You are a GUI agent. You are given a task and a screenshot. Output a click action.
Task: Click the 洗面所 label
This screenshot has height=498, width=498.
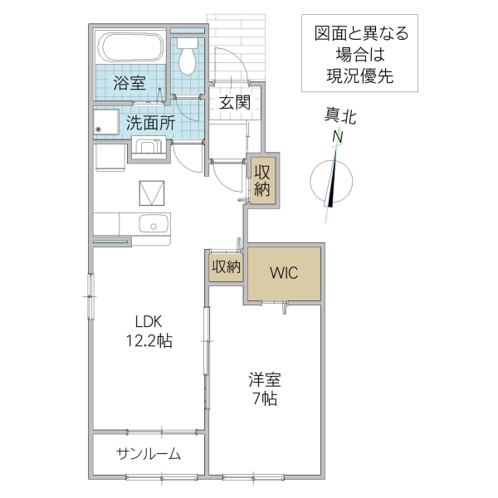pos(149,122)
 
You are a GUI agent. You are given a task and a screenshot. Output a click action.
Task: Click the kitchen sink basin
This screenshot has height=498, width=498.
pos(153,223)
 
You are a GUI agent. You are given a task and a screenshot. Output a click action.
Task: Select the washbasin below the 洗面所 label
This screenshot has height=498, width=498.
pos(149,150)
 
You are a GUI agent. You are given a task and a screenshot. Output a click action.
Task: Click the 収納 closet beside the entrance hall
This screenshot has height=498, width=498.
pos(262,179)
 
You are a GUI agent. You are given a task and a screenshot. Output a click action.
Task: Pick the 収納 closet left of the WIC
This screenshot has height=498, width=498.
pos(225,267)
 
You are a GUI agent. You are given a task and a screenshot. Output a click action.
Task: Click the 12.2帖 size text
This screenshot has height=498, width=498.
pos(149,340)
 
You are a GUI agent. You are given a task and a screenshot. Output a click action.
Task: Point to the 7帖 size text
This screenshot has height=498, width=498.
pos(265,398)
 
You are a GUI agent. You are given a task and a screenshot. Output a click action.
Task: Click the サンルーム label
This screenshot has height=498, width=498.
pos(148,454)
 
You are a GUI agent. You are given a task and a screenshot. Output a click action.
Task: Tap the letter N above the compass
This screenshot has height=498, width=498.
pos(337,137)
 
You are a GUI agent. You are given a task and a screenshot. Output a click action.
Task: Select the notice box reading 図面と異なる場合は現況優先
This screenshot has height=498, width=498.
pos(360,56)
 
